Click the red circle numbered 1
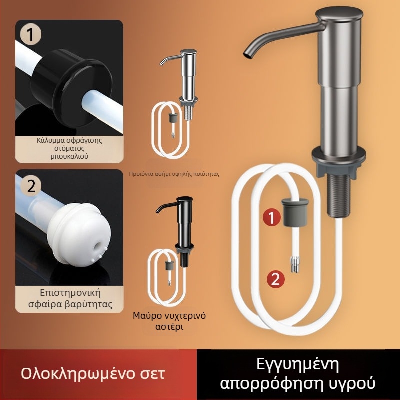coord(270,217)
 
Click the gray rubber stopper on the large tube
coord(295,212)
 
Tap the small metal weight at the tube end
coord(295,263)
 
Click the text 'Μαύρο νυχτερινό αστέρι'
coord(169,321)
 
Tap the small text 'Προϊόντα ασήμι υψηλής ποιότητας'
coord(174,175)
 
